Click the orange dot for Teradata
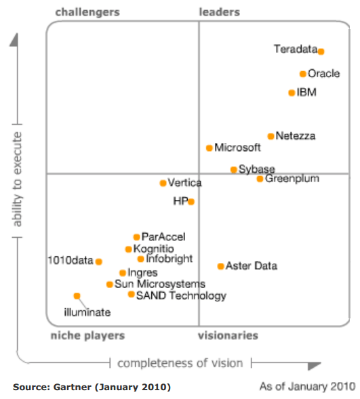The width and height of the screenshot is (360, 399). point(321,51)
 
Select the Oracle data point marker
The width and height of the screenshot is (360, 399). point(303,74)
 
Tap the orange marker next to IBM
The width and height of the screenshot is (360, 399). point(292,93)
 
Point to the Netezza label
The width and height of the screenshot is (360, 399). point(296,136)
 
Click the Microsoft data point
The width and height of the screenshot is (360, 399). point(209,148)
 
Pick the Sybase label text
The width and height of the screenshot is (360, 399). point(257,169)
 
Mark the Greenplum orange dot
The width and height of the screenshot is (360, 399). point(260,179)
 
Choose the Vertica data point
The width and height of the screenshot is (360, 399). point(163,183)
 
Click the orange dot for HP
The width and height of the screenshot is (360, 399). point(191,201)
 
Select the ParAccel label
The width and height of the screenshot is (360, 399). point(163,237)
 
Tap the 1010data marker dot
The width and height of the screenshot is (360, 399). point(98,261)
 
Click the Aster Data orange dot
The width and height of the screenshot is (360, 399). point(220,266)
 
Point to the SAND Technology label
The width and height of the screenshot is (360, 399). point(181,296)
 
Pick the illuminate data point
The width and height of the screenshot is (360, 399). point(77,295)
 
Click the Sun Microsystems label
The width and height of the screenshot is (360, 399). point(160,285)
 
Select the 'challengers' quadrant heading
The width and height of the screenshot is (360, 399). point(87,12)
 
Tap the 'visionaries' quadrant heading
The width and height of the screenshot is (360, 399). point(228,335)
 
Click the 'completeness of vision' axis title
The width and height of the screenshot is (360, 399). point(180,363)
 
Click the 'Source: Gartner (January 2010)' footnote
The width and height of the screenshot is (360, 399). point(92,387)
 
